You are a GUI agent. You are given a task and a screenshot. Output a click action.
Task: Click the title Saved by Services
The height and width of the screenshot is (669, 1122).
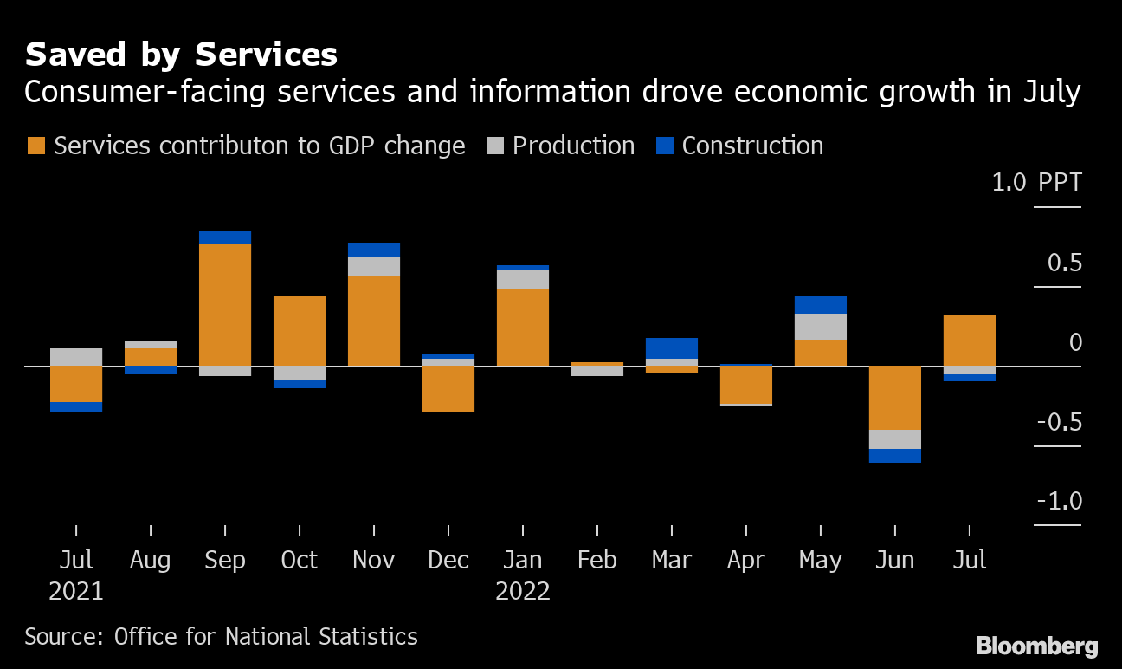[181, 55]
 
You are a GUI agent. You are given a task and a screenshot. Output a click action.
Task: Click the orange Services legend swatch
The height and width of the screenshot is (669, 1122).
[35, 146]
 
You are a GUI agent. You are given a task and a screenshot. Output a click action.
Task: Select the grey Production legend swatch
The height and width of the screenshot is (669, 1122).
[494, 146]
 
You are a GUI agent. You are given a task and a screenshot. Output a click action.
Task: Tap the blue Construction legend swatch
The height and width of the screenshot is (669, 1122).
[664, 146]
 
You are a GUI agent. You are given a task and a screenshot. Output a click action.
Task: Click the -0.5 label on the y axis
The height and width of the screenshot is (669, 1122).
[1058, 422]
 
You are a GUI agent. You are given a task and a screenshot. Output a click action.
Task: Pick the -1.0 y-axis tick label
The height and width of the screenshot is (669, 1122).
[1058, 501]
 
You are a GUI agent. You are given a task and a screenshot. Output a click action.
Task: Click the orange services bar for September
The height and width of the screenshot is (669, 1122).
[225, 304]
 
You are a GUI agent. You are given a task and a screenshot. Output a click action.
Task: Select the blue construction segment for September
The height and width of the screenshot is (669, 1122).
[225, 237]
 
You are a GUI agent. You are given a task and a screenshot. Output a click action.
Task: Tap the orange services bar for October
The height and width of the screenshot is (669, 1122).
[300, 330]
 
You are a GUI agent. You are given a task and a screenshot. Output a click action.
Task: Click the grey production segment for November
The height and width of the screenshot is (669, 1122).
[374, 266]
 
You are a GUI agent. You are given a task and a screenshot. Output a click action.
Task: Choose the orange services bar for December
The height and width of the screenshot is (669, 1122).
[448, 388]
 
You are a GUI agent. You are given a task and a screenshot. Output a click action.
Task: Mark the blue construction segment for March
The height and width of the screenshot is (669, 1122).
[672, 348]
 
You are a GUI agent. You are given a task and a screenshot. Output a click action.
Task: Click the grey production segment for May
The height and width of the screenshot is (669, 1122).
[821, 327]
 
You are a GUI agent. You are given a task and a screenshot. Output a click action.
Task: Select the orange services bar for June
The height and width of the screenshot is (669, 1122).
[895, 398]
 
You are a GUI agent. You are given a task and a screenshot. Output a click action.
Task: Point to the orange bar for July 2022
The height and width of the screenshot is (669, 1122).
[970, 341]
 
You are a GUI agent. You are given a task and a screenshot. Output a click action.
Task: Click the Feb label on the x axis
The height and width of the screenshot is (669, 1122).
[597, 560]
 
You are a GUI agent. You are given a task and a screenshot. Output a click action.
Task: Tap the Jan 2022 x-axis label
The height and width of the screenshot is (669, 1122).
[523, 575]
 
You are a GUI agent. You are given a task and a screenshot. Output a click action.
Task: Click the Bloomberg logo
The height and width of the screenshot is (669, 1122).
[1036, 646]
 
